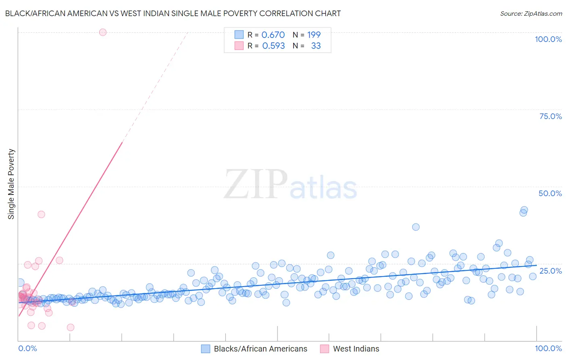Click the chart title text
tap(173, 13)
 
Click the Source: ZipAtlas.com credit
tap(531, 13)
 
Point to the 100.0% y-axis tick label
tap(548, 39)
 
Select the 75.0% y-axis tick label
tap(550, 116)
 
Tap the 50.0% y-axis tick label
tap(550, 193)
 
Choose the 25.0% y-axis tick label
tap(550, 270)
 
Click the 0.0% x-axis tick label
tap(27, 348)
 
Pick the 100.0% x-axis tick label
tap(548, 348)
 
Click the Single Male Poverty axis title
tap(11, 184)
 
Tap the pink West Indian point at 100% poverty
tap(103, 32)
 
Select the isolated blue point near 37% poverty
tap(416, 227)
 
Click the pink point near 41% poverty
tap(41, 214)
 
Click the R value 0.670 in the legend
tap(273, 35)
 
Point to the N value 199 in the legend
tap(314, 35)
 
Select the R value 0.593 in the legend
tap(273, 46)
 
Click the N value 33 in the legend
tap(316, 46)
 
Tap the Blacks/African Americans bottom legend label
tap(261, 349)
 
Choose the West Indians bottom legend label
tap(356, 349)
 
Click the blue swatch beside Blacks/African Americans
tap(206, 349)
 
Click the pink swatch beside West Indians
tap(325, 349)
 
